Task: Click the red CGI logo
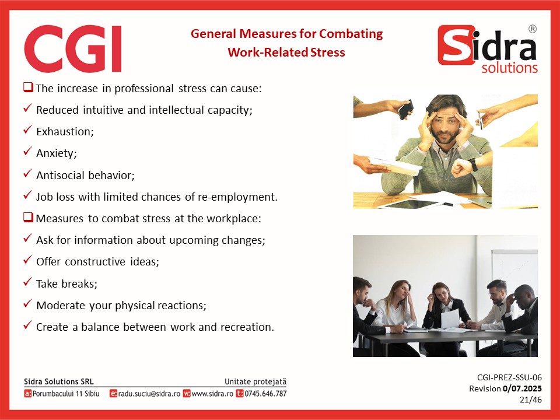pyautogui.click(x=73, y=48)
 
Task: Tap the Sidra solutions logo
pyautogui.click(x=488, y=49)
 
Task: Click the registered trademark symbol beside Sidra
pyautogui.click(x=532, y=29)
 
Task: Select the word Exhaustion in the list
pyautogui.click(x=65, y=131)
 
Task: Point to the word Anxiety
pyautogui.click(x=57, y=153)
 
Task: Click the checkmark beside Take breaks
pyautogui.click(x=27, y=282)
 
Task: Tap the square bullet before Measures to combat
pyautogui.click(x=28, y=217)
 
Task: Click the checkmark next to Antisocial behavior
pyautogui.click(x=27, y=174)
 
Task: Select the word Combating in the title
pyautogui.click(x=351, y=34)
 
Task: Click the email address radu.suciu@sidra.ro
pyautogui.click(x=149, y=394)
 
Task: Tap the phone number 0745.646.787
pyautogui.click(x=265, y=394)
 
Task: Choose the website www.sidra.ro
pyautogui.click(x=212, y=394)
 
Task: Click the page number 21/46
pyautogui.click(x=531, y=400)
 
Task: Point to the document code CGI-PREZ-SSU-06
pyautogui.click(x=509, y=377)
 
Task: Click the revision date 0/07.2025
pyautogui.click(x=522, y=388)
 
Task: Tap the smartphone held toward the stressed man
pyautogui.click(x=406, y=109)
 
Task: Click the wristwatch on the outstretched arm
pyautogui.click(x=473, y=164)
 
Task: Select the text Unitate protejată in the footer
pyautogui.click(x=256, y=381)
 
